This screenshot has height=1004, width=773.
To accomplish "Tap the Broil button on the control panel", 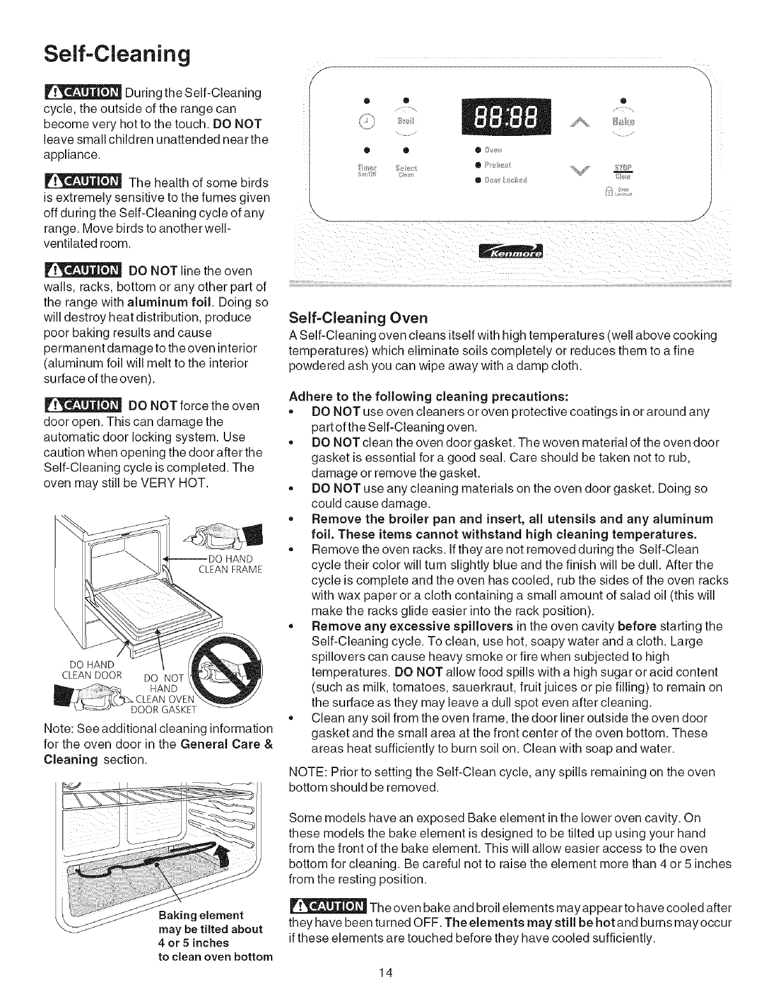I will [x=406, y=121].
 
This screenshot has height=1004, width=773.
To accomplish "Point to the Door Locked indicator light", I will [x=476, y=179].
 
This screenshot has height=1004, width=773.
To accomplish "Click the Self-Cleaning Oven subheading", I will [x=358, y=318].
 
